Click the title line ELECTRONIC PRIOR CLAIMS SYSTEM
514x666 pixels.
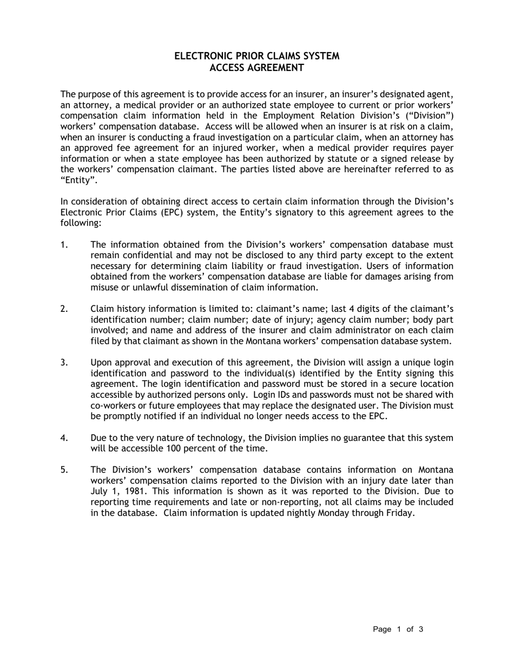[x=256, y=56]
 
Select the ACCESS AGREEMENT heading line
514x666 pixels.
[x=256, y=68]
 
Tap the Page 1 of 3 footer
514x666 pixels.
[x=398, y=629]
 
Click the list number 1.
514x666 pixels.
[x=64, y=245]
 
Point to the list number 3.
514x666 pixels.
[x=64, y=362]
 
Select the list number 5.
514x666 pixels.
[x=64, y=469]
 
